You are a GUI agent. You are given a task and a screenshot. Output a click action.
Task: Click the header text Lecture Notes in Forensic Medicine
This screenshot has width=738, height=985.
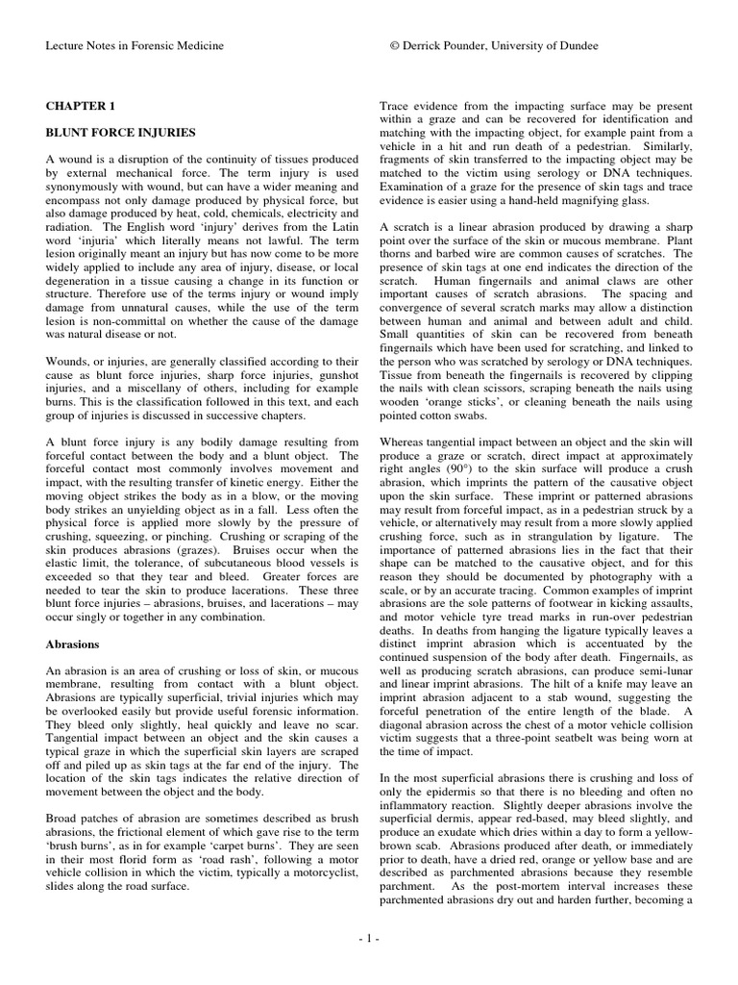coord(135,46)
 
